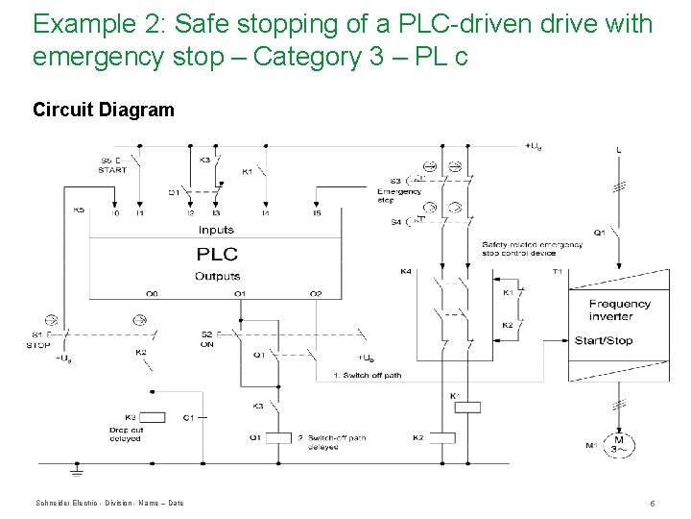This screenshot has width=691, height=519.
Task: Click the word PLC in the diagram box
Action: click(x=217, y=254)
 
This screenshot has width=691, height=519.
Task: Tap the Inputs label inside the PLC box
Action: click(x=217, y=230)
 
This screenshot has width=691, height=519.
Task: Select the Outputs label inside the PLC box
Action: click(x=217, y=276)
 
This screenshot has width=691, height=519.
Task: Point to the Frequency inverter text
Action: click(x=618, y=309)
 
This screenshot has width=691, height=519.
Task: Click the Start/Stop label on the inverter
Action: click(x=603, y=340)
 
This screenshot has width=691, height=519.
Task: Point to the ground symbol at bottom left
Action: click(x=76, y=470)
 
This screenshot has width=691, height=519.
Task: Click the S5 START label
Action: click(x=111, y=165)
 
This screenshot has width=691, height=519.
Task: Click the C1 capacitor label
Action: click(x=188, y=416)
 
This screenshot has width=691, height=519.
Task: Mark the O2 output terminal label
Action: click(x=316, y=293)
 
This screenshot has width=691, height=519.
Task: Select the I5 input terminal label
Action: click(x=316, y=212)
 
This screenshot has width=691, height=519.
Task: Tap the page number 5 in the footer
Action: click(x=652, y=503)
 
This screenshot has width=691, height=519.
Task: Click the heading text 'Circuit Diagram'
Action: click(x=104, y=110)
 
